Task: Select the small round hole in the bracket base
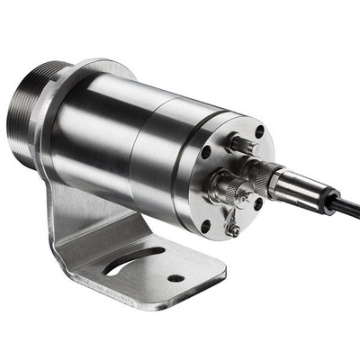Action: tap(175, 278)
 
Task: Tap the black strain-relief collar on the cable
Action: tap(317, 195)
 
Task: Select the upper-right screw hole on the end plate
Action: tap(260, 132)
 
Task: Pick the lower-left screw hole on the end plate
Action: tap(205, 226)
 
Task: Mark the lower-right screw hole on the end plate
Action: tap(258, 204)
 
